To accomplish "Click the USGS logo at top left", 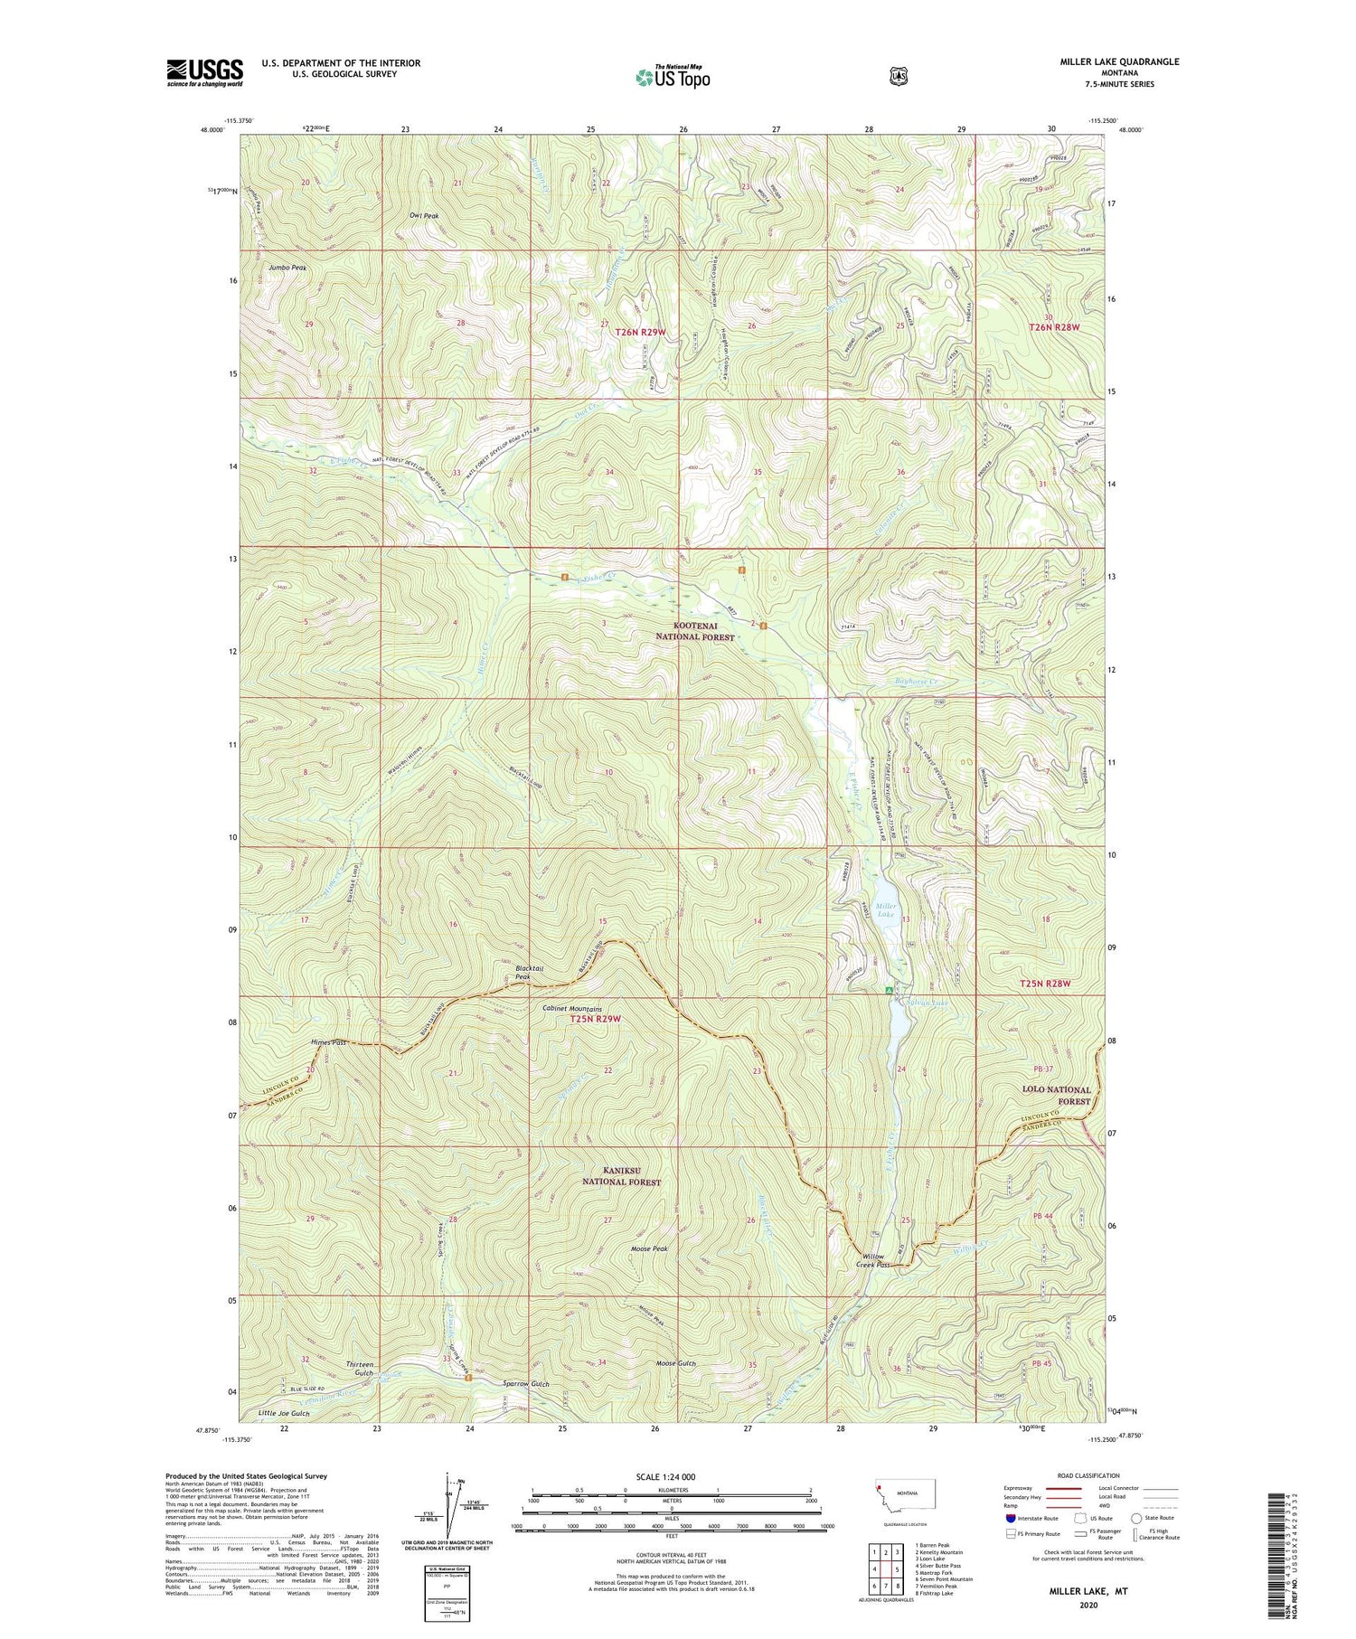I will tap(204, 72).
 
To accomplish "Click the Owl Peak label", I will tap(424, 216).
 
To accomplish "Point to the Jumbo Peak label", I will tap(287, 268).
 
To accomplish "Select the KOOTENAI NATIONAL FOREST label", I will tap(695, 631).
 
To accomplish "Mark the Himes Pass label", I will tap(329, 1042).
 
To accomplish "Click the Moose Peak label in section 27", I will tap(649, 1249).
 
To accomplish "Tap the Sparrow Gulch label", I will tap(526, 1384).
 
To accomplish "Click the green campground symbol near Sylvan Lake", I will tap(889, 991).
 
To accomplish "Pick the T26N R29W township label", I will tap(640, 333).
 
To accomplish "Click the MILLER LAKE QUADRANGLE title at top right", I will tap(1119, 61).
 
